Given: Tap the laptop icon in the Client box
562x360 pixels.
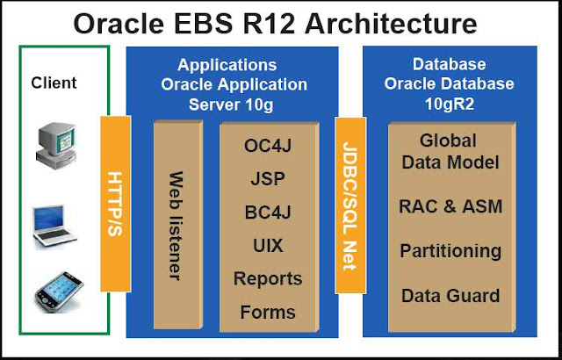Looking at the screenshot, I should [55, 226].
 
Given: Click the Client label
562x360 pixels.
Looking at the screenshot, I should [54, 83].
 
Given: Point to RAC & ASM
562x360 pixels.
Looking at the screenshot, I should [450, 207].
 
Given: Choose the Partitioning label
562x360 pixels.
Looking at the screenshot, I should [450, 251].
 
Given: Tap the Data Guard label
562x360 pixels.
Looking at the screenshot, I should [450, 295].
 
